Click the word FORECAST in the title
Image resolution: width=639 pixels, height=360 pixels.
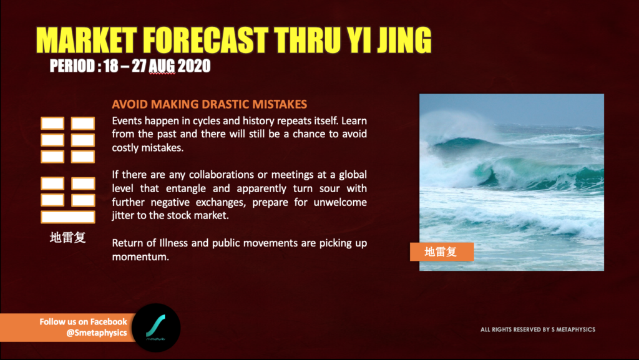[206, 41]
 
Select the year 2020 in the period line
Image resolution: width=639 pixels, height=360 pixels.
[194, 66]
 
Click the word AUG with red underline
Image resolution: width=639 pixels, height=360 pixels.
[162, 66]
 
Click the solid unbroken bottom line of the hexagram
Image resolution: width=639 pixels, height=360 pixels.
[68, 217]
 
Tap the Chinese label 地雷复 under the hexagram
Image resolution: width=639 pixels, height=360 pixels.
[67, 238]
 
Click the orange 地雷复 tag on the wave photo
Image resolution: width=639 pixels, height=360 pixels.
[442, 251]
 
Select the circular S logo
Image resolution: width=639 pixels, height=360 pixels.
[156, 328]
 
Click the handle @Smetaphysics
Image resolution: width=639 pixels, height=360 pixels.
[97, 333]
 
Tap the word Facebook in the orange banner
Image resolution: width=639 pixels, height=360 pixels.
[109, 322]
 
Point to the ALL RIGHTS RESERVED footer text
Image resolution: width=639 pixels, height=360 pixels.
[538, 329]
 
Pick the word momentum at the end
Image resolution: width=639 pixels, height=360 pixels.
[140, 257]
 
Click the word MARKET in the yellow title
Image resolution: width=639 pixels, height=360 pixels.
[87, 41]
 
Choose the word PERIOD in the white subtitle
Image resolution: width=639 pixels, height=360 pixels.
[72, 66]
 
